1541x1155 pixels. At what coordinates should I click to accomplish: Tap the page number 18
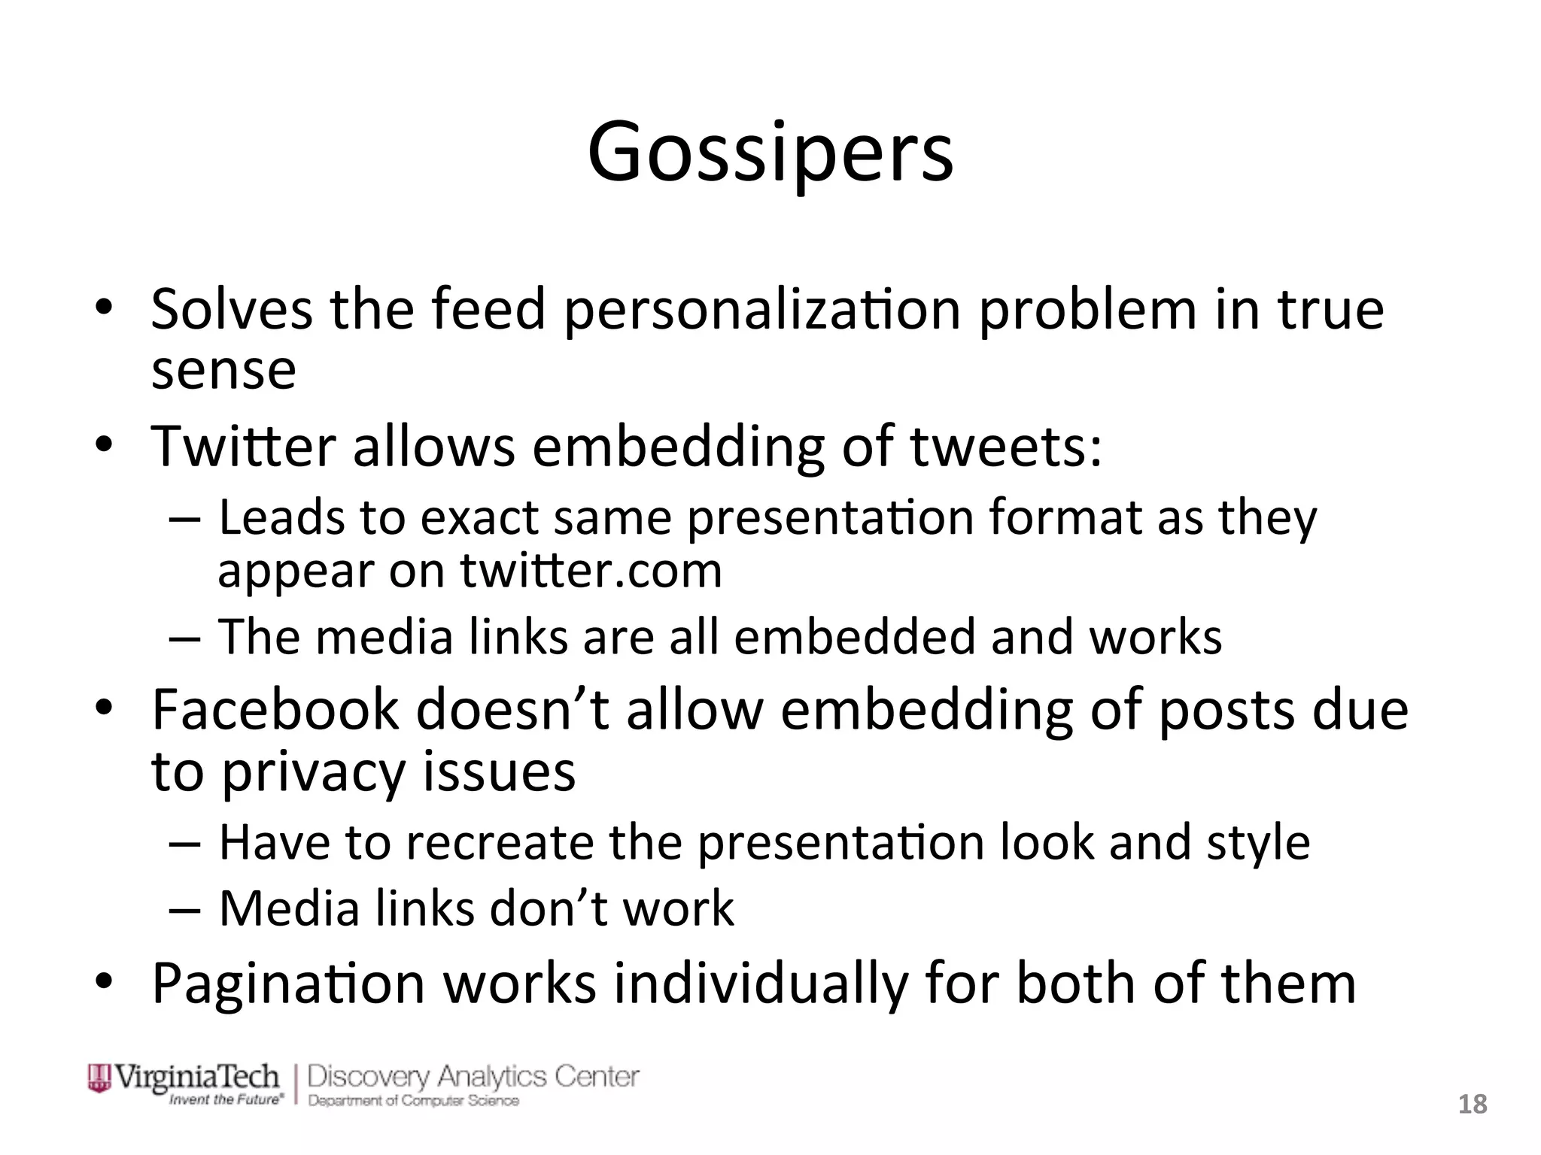(1473, 1105)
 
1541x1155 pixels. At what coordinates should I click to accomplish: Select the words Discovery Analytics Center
(473, 1076)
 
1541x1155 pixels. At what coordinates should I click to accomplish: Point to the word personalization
(762, 311)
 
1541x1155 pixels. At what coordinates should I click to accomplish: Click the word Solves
(231, 309)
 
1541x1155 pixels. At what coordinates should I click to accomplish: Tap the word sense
(223, 370)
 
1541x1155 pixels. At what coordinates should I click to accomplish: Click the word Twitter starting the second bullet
(242, 447)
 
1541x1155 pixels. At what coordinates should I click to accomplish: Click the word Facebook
(275, 709)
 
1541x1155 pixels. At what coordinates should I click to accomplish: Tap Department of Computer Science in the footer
(413, 1101)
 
